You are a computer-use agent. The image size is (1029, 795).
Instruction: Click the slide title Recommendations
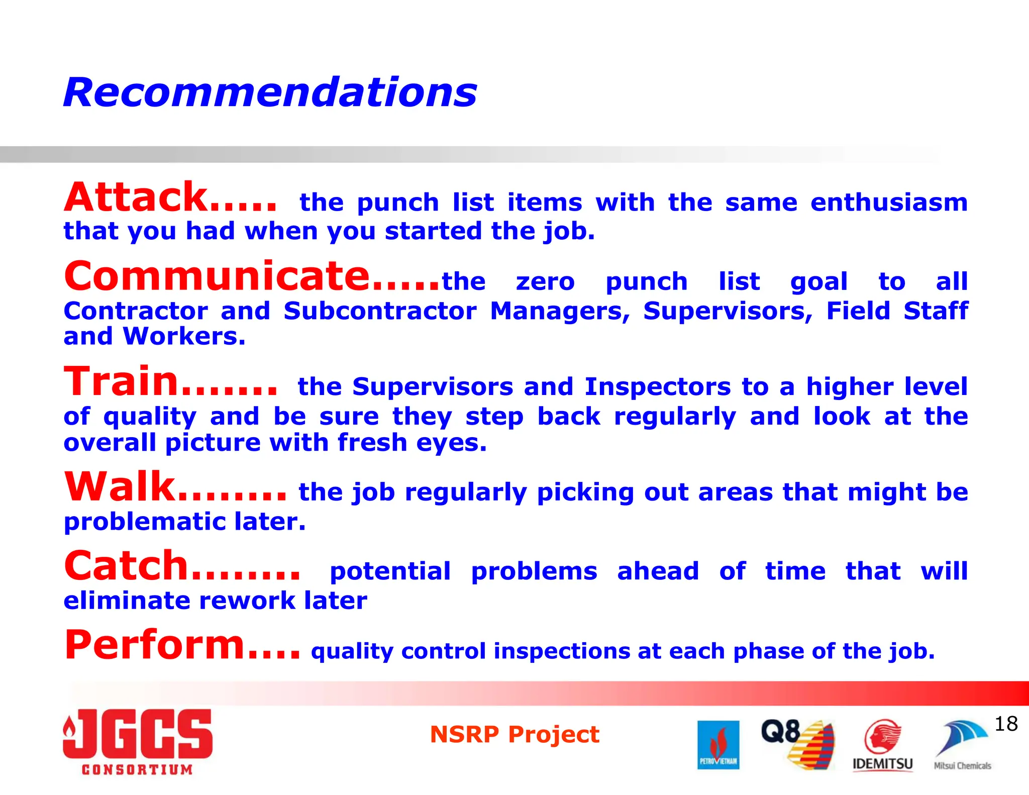(x=270, y=93)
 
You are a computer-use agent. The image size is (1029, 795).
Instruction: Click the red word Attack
(x=136, y=197)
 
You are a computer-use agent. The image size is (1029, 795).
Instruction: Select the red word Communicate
(x=217, y=276)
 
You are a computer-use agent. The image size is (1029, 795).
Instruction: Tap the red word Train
(x=121, y=381)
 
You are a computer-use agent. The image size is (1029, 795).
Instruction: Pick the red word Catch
(x=126, y=566)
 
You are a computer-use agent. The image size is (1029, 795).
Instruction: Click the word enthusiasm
(x=889, y=203)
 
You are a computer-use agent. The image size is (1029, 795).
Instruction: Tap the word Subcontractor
(x=380, y=311)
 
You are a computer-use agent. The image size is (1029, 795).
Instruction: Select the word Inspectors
(x=657, y=387)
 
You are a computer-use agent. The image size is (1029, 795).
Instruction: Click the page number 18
(x=1006, y=724)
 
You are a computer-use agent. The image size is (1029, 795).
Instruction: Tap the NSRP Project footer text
(x=514, y=734)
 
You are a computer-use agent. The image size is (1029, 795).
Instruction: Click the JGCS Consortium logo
(x=138, y=742)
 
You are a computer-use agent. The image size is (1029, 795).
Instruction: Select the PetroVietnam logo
(x=718, y=745)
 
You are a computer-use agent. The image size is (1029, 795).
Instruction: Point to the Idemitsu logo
(x=882, y=745)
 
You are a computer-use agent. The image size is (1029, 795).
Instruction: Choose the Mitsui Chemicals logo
(x=962, y=745)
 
